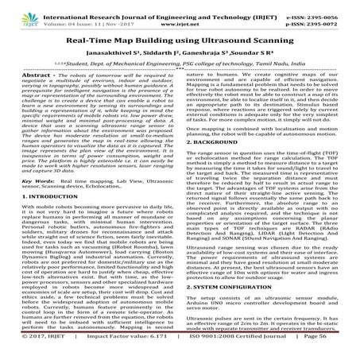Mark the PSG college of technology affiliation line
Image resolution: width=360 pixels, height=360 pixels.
pos(180,68)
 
